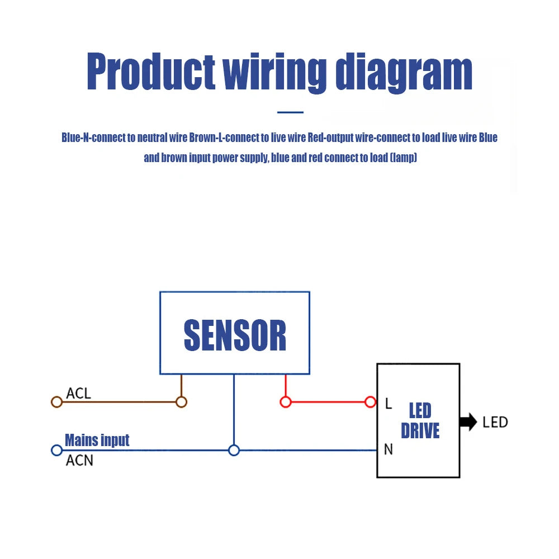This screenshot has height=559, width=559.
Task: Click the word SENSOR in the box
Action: click(x=235, y=335)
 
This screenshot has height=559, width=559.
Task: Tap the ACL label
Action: click(x=78, y=393)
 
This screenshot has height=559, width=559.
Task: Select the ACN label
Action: click(x=79, y=461)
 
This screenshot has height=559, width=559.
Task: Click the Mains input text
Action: click(x=97, y=440)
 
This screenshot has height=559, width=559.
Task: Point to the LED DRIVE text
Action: click(x=420, y=420)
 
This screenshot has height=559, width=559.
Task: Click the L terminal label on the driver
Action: click(x=389, y=404)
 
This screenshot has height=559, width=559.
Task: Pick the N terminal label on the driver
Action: click(x=389, y=449)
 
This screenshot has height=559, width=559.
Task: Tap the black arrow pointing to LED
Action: click(x=468, y=422)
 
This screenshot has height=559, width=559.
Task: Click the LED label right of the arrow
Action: click(x=495, y=422)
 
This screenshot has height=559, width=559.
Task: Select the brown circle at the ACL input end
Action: click(x=56, y=402)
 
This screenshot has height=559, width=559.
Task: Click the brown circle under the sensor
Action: click(x=181, y=402)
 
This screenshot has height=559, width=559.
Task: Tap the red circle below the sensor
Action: click(x=286, y=402)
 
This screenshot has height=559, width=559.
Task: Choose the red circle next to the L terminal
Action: click(x=370, y=402)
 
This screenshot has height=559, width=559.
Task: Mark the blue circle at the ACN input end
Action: click(x=56, y=450)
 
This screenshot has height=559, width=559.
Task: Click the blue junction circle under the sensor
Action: click(x=234, y=450)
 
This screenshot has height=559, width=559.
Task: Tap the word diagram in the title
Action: click(x=404, y=73)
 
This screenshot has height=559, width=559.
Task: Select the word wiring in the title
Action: click(x=274, y=73)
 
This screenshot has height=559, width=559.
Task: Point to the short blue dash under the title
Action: click(x=290, y=112)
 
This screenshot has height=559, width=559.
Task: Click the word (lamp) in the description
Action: click(x=404, y=158)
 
